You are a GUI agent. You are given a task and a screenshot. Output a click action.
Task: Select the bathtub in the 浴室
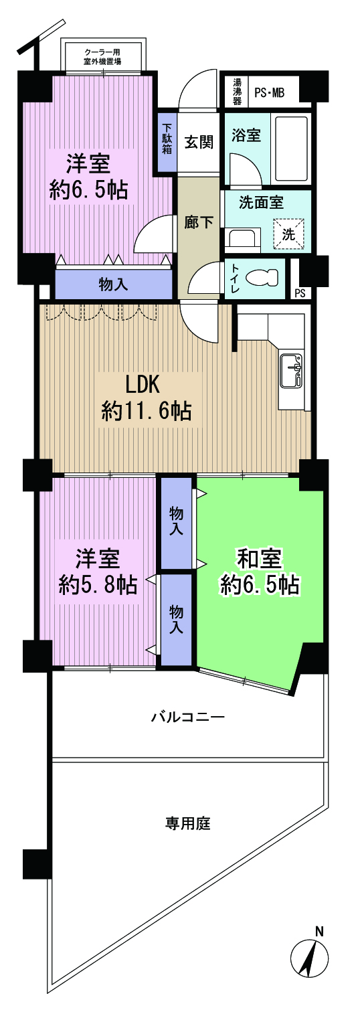(291, 149)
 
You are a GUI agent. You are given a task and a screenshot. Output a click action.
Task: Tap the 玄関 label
(199, 143)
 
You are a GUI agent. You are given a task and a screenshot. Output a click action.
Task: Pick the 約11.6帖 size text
(147, 410)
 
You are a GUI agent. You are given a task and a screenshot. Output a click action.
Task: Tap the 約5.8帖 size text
(98, 585)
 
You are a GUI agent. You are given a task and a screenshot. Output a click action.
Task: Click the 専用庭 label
(188, 823)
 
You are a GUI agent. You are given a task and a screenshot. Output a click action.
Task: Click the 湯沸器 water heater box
(236, 92)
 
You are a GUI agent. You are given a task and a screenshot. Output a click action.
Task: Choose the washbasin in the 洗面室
(242, 237)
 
